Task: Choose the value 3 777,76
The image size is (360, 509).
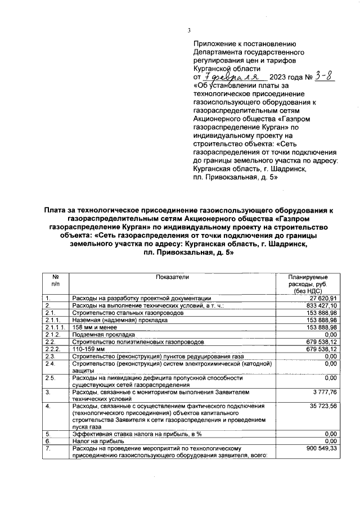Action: (323, 391)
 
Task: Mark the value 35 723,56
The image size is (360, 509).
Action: (322, 406)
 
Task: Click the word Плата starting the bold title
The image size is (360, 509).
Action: (57, 210)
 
